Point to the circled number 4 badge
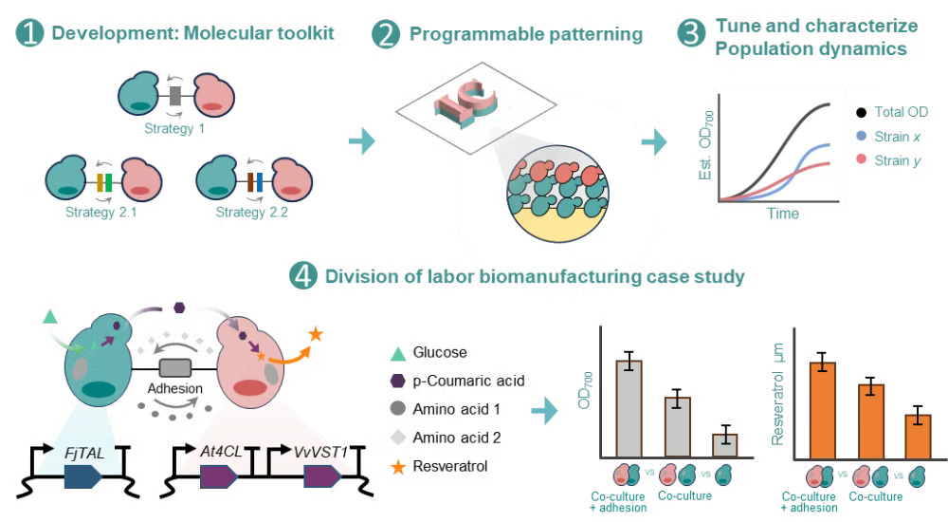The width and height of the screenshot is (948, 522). point(301,276)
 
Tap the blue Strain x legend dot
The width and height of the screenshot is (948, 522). point(861,137)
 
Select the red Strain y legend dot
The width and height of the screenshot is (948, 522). point(861,158)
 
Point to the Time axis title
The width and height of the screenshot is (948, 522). point(782,214)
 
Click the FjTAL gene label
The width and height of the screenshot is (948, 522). point(91,454)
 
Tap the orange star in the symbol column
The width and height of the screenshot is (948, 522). point(399,467)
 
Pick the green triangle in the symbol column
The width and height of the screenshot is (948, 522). point(399,354)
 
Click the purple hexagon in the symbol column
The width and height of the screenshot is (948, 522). point(399,382)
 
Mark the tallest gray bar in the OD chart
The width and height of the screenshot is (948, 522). point(629,408)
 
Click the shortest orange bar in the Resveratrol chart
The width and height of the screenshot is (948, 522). point(918,435)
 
